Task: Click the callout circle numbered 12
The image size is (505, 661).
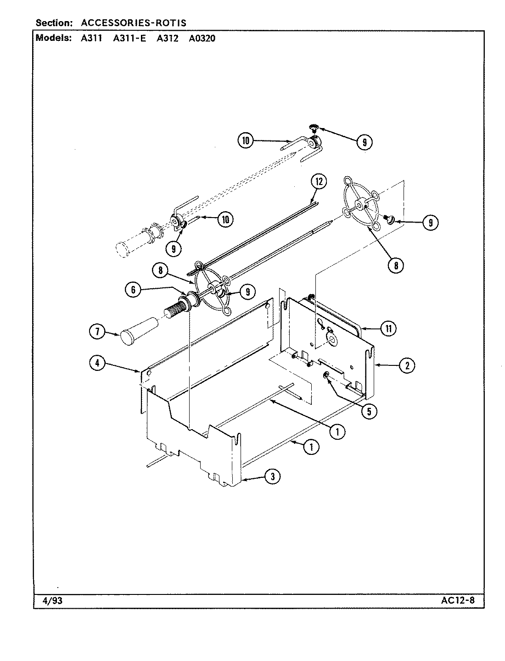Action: (318, 182)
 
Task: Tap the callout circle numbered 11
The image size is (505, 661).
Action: (388, 329)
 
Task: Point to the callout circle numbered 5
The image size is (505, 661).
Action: (369, 411)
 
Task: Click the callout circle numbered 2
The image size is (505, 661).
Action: (407, 365)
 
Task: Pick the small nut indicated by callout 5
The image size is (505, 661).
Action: (326, 376)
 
